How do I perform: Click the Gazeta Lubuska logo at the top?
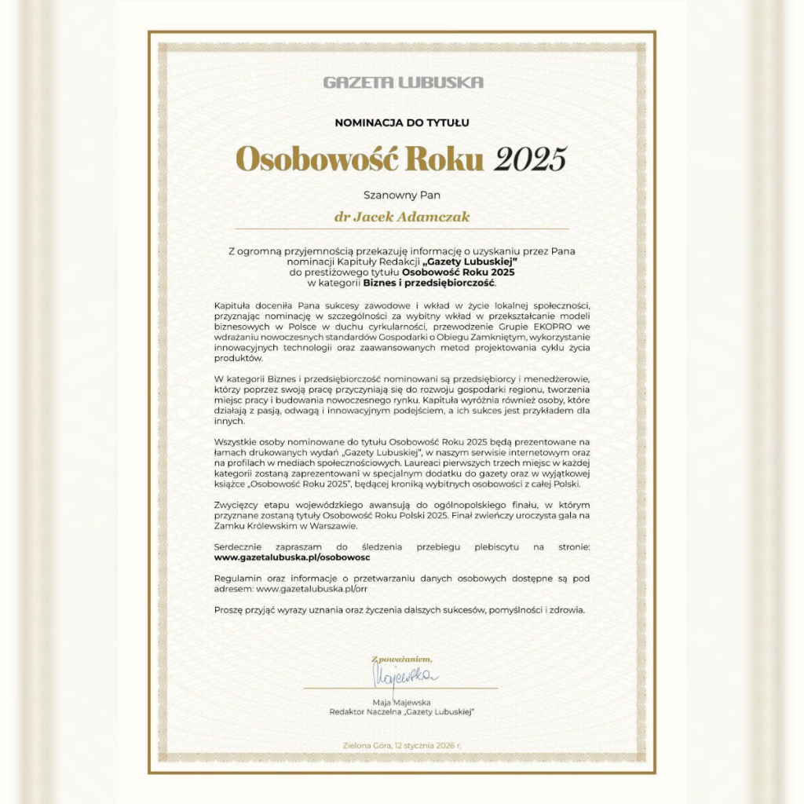(403, 82)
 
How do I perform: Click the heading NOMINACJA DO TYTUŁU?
(402, 122)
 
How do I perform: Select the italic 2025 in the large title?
(530, 159)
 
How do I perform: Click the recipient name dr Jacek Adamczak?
(402, 216)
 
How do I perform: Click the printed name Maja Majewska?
(402, 701)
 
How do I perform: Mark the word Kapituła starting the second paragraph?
(235, 304)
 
